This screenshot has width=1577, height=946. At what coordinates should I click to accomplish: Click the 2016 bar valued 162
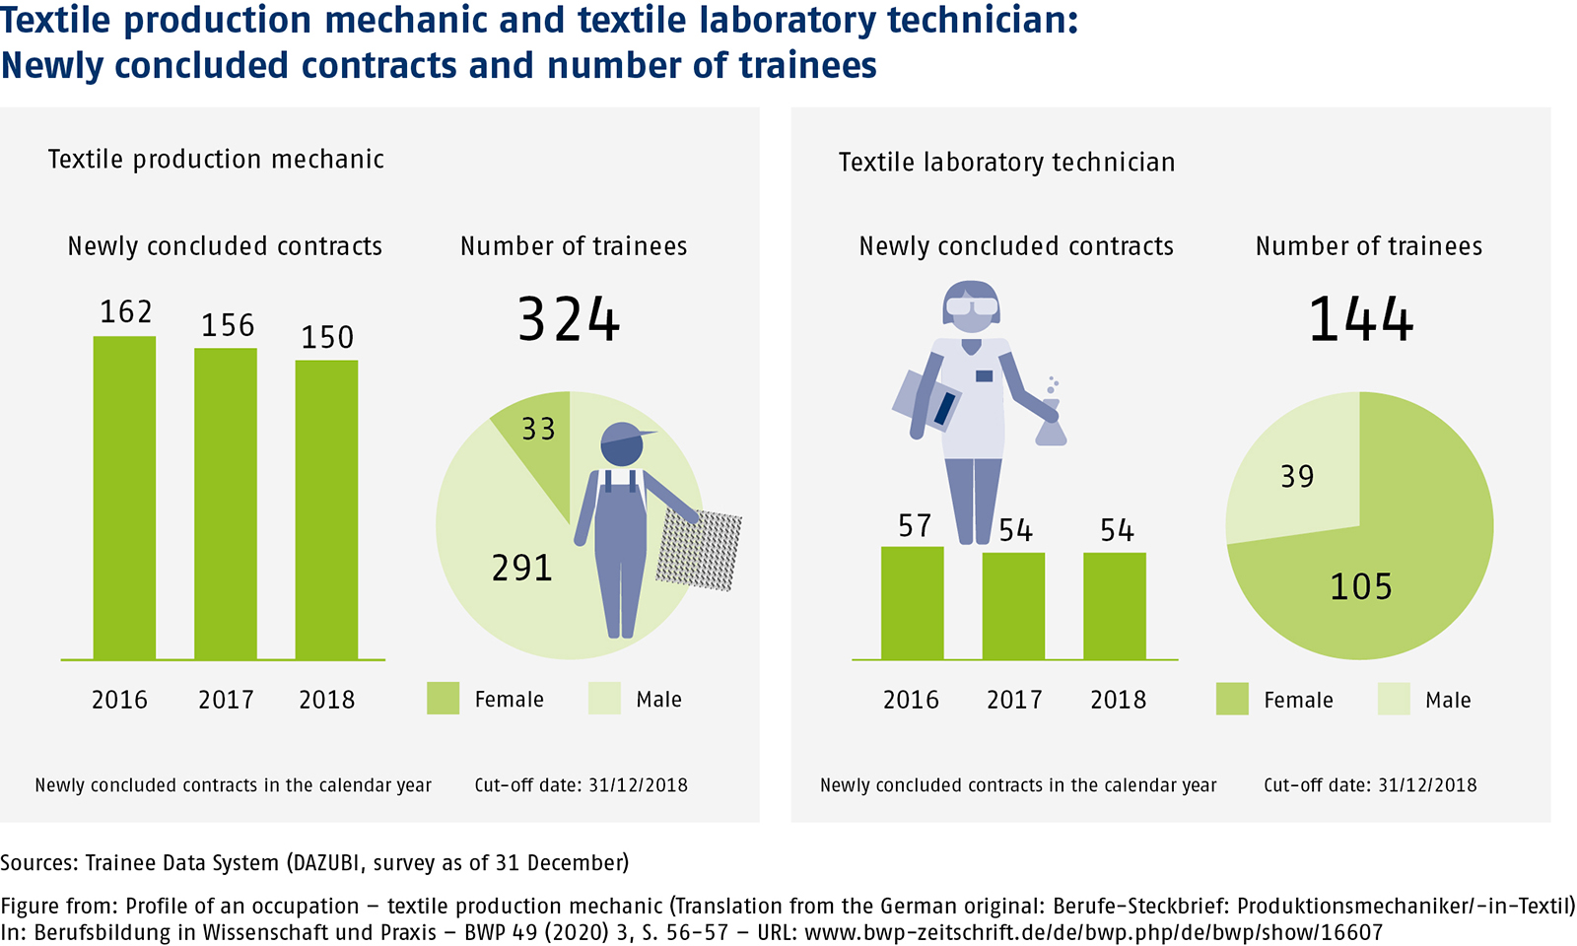(124, 498)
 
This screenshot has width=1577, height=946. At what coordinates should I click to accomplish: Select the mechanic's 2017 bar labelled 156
(226, 504)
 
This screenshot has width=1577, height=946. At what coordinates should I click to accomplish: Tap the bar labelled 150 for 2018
(326, 509)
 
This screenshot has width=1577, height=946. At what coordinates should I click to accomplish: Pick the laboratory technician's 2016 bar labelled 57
(912, 603)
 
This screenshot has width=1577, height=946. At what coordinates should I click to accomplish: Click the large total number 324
(569, 320)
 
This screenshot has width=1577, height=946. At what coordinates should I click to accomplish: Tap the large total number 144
(1360, 320)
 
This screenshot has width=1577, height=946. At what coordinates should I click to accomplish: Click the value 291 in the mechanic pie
(522, 568)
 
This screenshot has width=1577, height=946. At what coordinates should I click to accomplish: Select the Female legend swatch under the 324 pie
(443, 699)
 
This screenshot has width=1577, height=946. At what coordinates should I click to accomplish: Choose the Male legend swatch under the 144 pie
(1394, 699)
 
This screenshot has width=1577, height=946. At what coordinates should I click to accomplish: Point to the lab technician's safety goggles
(971, 306)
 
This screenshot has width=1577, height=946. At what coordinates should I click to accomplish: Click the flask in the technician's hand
(1051, 426)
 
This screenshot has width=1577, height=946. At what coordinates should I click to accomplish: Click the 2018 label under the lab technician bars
(1118, 700)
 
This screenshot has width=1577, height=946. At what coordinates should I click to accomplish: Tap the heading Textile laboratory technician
(1006, 162)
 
